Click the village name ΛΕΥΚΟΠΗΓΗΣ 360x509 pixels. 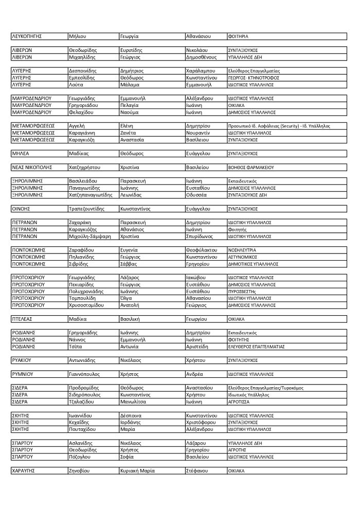[x=26, y=37]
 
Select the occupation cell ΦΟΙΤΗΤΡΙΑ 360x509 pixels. [x=238, y=37]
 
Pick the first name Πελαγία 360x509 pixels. [x=130, y=105]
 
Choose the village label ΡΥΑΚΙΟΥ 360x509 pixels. [x=22, y=360]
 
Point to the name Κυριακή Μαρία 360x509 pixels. [x=137, y=470]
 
